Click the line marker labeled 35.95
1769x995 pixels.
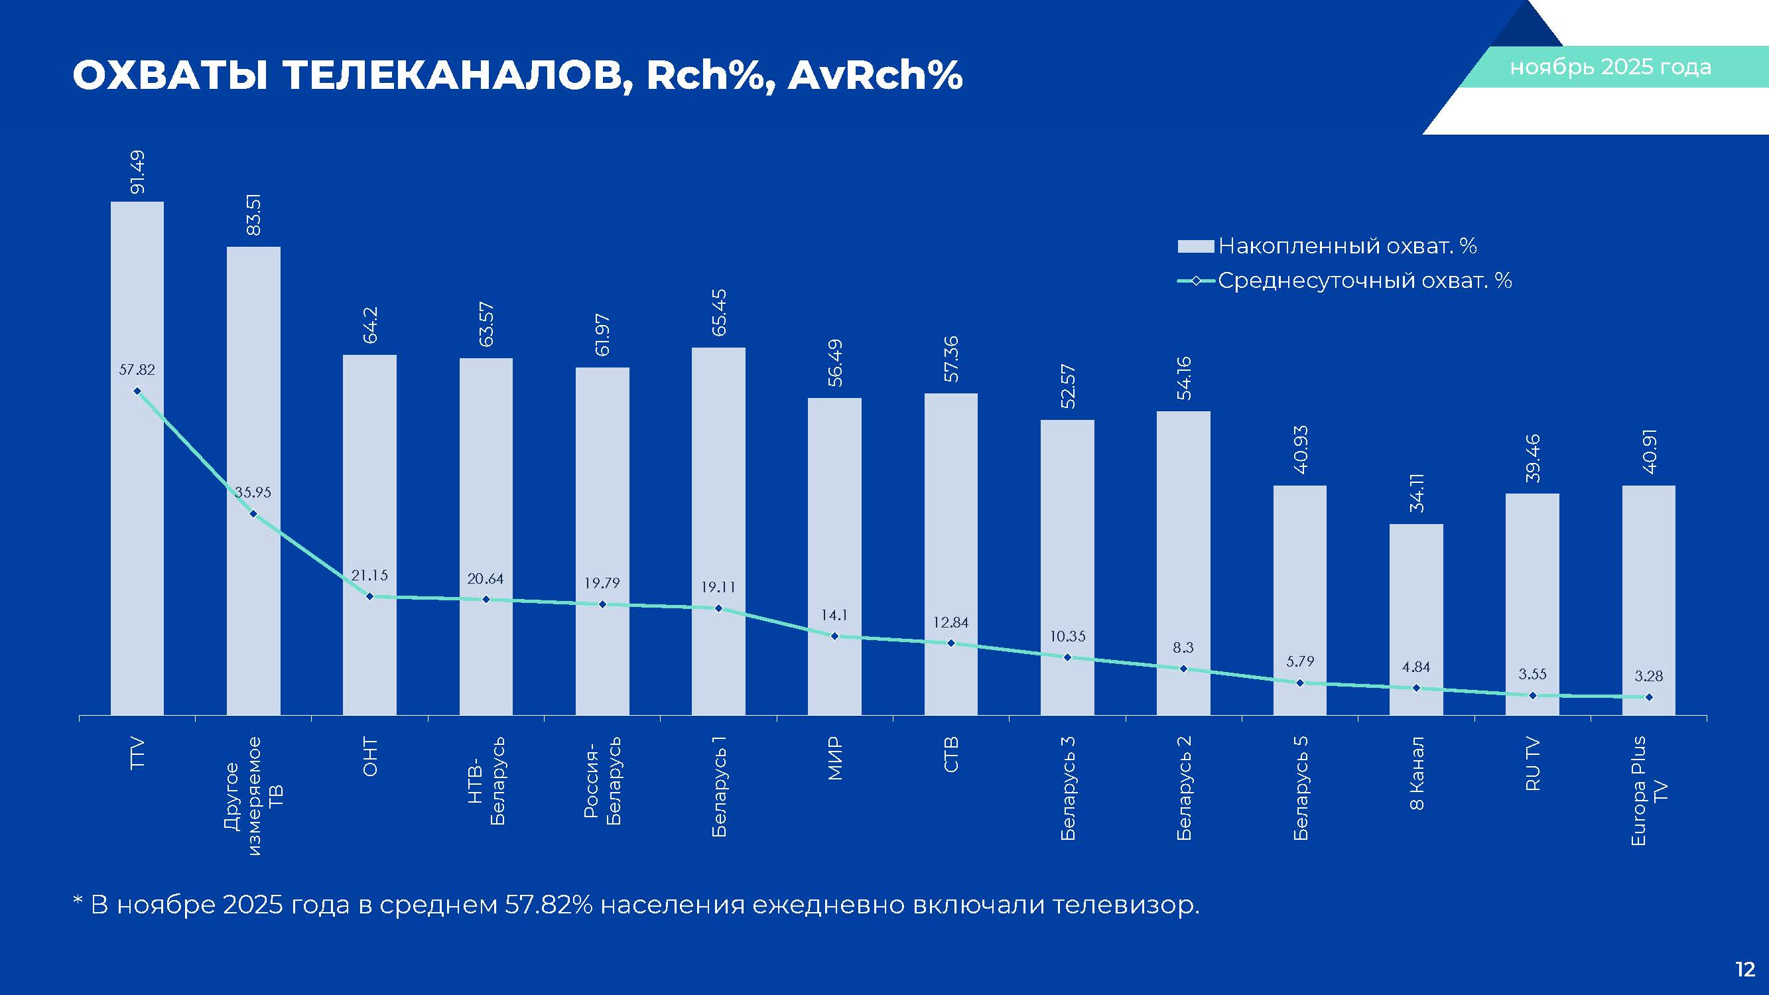pos(253,513)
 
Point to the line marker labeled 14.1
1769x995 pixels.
pos(834,637)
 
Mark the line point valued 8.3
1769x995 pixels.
pos(1183,668)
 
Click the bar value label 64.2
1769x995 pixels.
pos(370,325)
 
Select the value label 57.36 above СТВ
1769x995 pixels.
pos(951,359)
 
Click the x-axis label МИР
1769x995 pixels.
pos(834,758)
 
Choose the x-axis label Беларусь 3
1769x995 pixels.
pos(1067,787)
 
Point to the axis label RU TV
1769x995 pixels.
pos(1532,763)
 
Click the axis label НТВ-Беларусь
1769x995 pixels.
pos(486,780)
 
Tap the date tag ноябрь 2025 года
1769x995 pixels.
pos(1610,67)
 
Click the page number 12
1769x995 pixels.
pos(1744,970)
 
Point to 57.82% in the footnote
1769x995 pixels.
pos(548,905)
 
